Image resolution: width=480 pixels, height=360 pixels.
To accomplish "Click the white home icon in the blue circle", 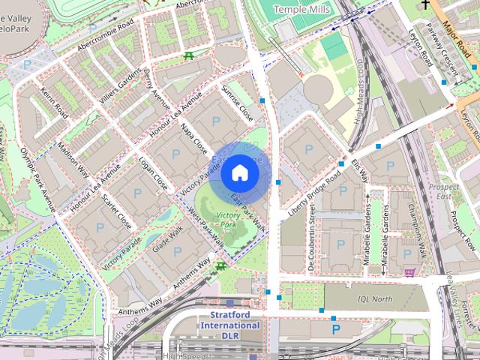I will (238, 172).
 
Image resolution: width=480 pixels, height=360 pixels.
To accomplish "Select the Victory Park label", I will (227, 220).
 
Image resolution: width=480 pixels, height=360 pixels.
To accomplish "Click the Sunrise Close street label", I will (237, 104).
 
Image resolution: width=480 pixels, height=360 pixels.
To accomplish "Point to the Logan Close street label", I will (154, 171).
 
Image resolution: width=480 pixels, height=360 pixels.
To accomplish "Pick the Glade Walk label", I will (167, 240).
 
